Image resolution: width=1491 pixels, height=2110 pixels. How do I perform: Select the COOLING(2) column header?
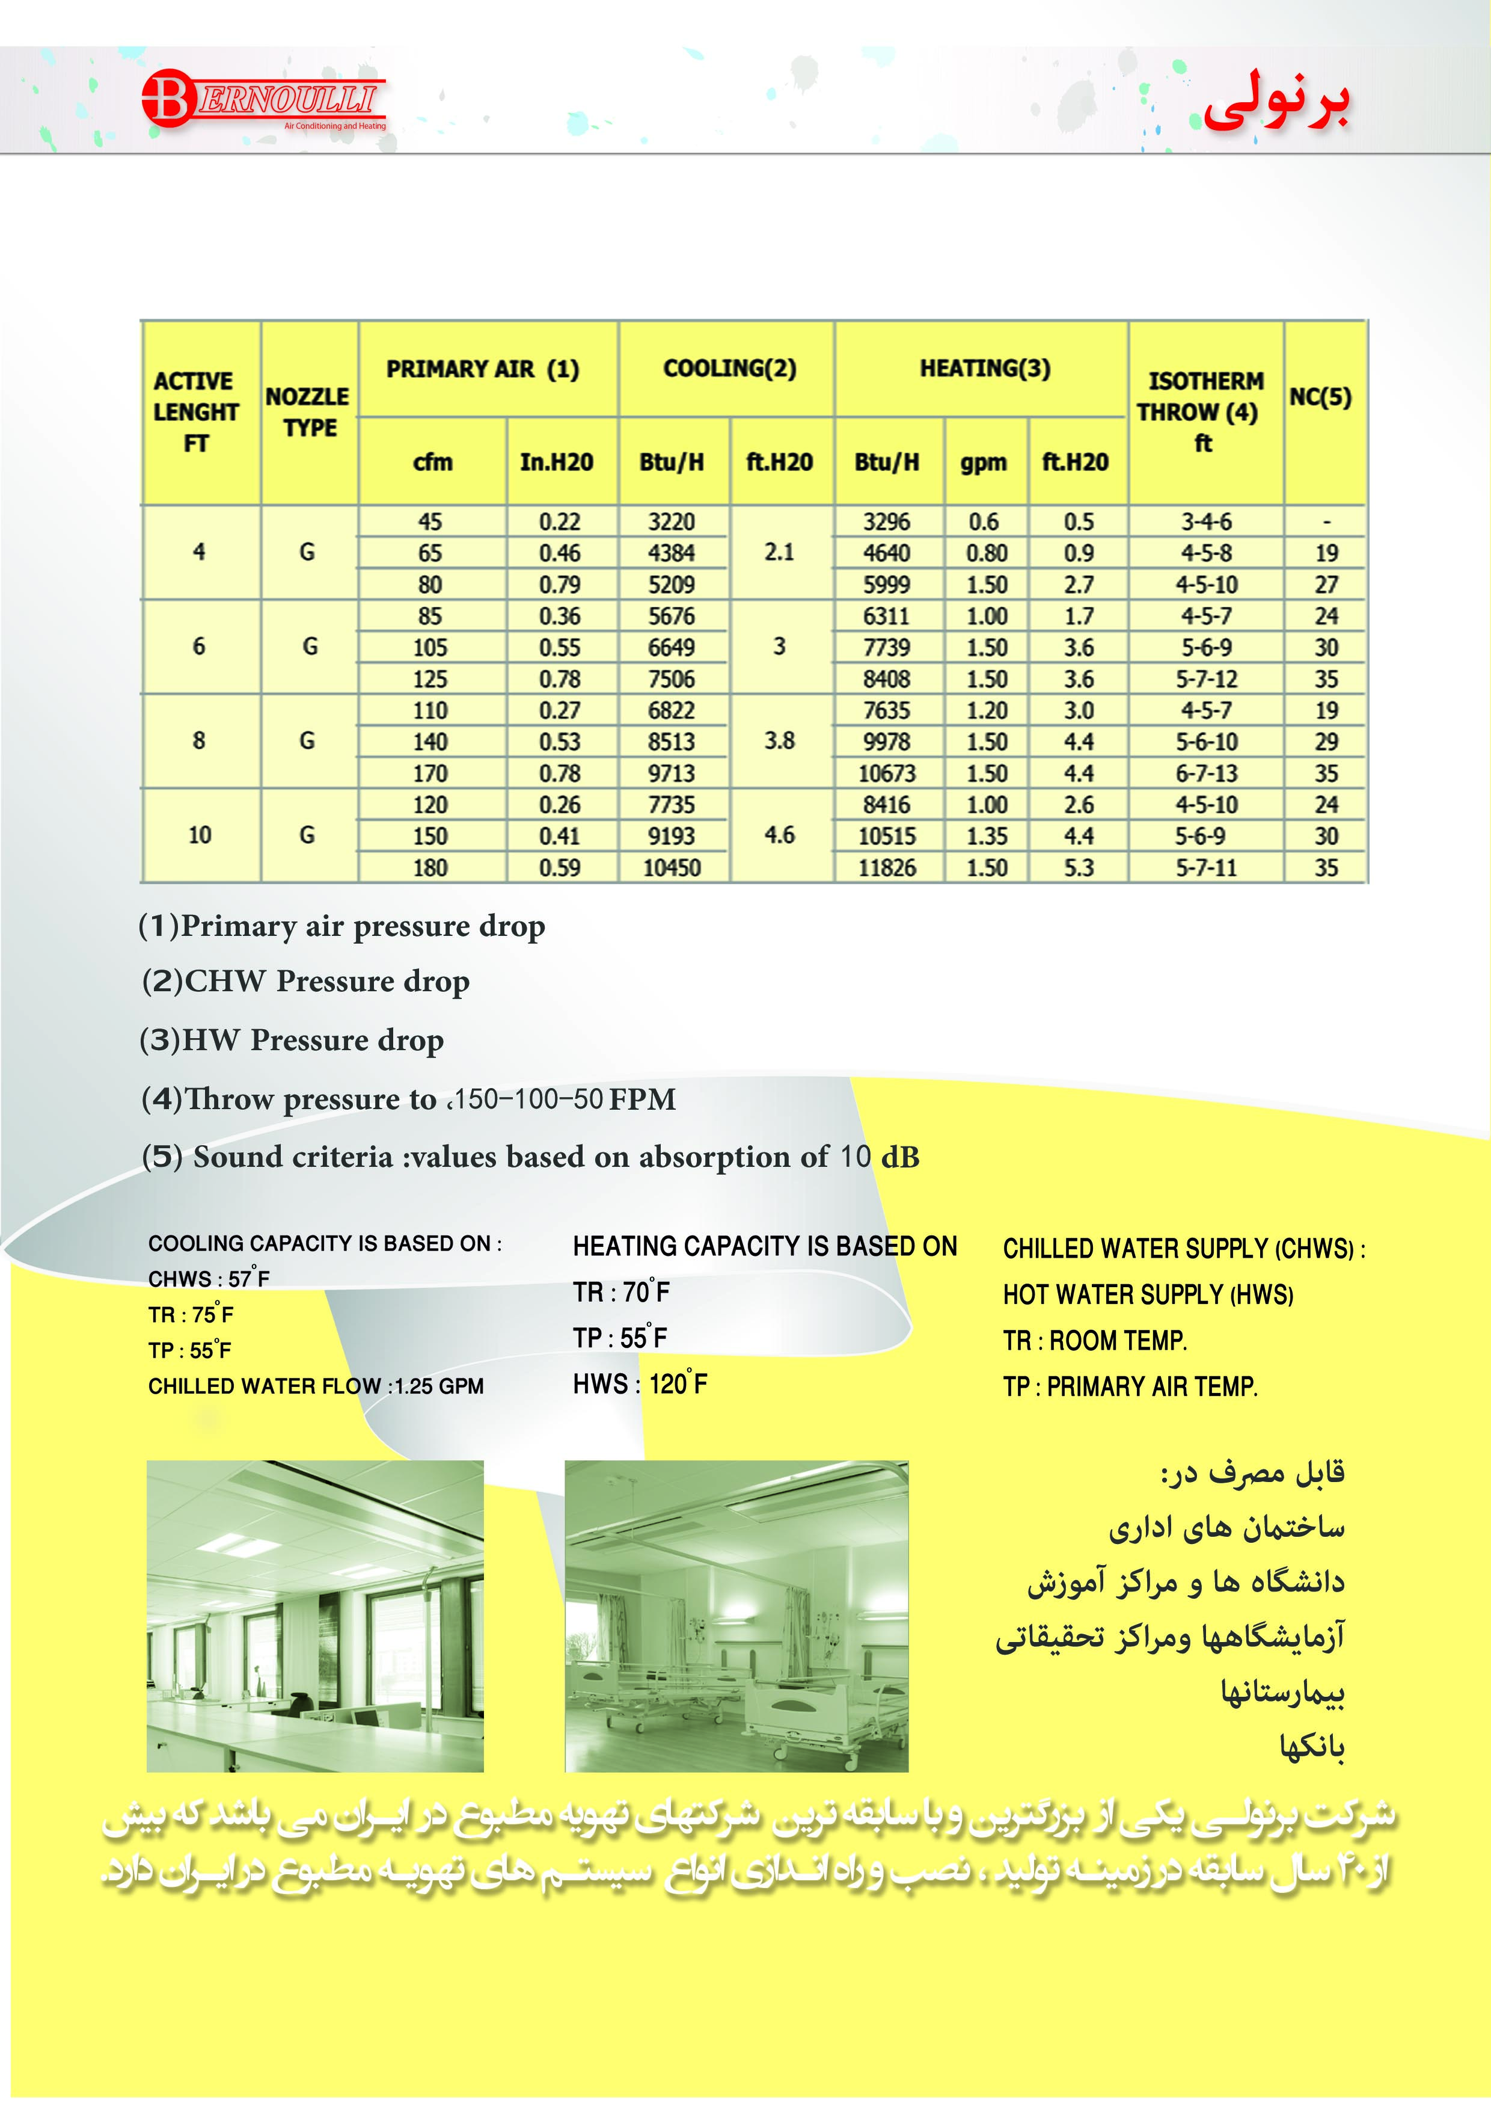click(x=729, y=369)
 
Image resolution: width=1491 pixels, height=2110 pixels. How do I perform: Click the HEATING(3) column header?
click(x=985, y=369)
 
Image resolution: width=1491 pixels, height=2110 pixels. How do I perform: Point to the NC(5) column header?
click(x=1320, y=397)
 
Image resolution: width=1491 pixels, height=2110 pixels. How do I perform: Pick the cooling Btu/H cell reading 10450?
click(x=672, y=867)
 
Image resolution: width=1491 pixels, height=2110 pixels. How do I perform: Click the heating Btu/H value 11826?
click(x=887, y=867)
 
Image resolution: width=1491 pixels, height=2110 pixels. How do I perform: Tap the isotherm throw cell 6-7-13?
click(x=1206, y=774)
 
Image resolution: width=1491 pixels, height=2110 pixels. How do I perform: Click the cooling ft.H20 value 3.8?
click(x=779, y=740)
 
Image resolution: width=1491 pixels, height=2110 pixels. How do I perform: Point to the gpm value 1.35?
click(x=987, y=836)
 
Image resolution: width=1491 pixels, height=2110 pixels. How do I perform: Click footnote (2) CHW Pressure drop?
click(x=306, y=982)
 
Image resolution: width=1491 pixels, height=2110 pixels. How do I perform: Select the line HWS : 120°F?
click(x=640, y=1384)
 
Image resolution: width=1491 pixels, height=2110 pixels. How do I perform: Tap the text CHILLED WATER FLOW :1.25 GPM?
click(x=316, y=1386)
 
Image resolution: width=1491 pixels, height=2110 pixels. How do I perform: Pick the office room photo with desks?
click(x=315, y=1616)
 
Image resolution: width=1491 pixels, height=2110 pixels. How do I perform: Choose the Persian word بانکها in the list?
click(x=1312, y=1746)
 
